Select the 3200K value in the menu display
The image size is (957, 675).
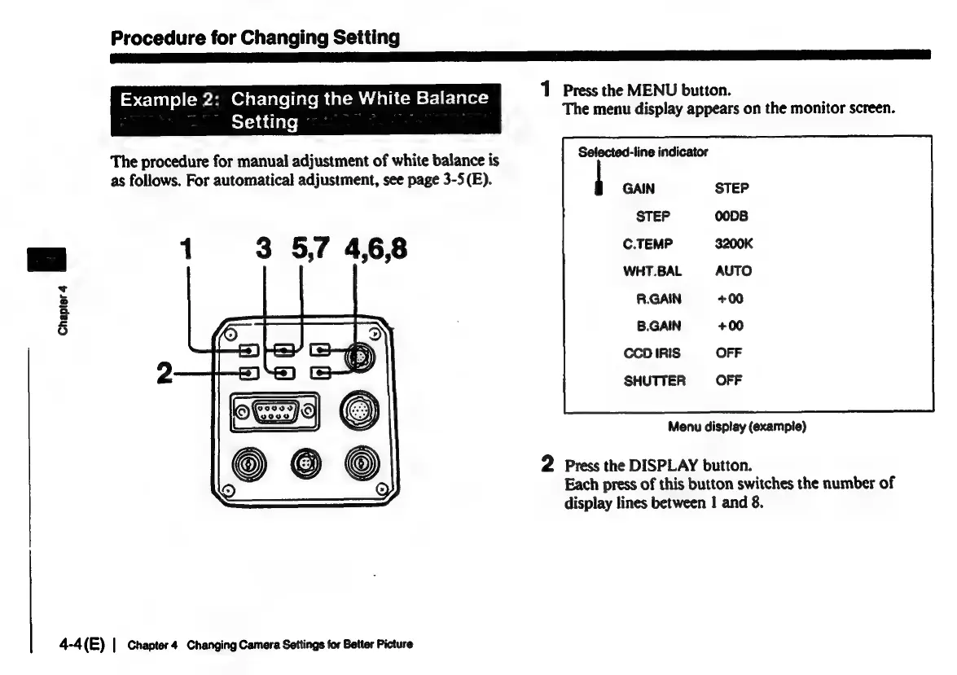(x=733, y=243)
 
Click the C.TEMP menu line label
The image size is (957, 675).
(x=643, y=243)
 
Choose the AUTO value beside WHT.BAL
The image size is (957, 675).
(x=733, y=271)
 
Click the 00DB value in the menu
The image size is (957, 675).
(x=731, y=217)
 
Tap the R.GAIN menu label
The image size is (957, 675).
(x=659, y=299)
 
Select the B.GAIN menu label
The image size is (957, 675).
(x=659, y=327)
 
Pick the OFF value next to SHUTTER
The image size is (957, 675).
(x=729, y=380)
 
